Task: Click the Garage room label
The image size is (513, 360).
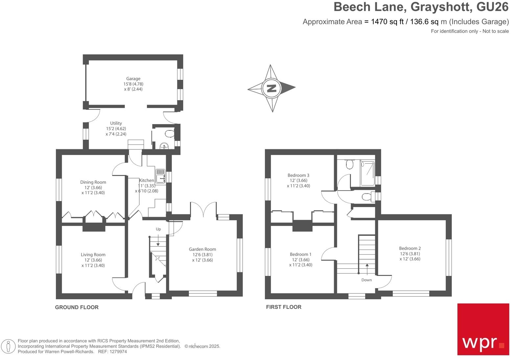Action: point(133,79)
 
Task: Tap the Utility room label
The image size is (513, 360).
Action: point(116,124)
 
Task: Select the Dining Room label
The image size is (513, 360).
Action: point(93,182)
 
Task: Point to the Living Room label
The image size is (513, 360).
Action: point(93,255)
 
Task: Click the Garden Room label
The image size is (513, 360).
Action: point(202,249)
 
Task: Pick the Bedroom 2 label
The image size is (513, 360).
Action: point(410,248)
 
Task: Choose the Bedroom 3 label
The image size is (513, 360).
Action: point(298,175)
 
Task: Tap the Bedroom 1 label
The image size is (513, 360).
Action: point(300,254)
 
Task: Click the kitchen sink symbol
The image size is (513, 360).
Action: point(160,176)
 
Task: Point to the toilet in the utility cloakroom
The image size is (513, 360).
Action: point(170,134)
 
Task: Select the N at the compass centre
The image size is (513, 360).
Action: point(271,88)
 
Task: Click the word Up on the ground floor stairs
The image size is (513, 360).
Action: point(158,229)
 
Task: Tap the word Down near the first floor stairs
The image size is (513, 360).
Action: point(366,280)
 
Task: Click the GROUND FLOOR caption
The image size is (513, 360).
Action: point(77,307)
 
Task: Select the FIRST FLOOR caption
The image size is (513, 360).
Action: point(284,307)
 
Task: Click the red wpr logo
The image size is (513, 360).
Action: point(483,329)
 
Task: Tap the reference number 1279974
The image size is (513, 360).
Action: point(117,351)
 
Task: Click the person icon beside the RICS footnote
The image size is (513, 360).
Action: point(9,346)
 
